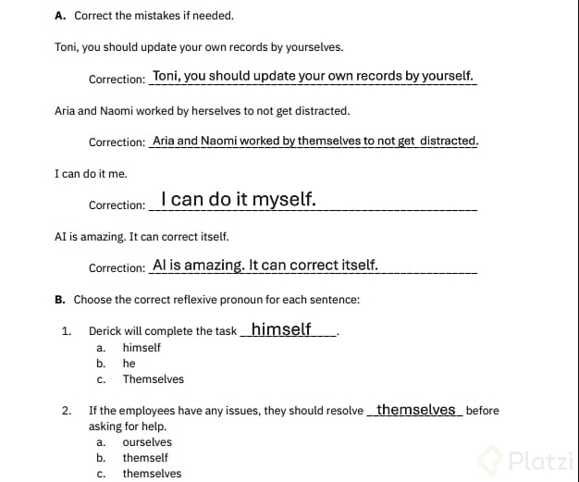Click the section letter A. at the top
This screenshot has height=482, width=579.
60,16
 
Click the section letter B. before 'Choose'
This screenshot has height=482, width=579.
60,300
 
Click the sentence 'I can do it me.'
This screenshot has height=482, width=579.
91,174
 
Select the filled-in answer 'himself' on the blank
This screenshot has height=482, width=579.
281,329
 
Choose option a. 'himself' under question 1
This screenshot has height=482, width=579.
142,348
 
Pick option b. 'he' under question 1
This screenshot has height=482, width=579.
129,364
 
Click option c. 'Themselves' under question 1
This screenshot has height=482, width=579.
153,379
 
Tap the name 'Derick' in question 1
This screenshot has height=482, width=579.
106,331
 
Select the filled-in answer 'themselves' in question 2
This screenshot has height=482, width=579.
416,410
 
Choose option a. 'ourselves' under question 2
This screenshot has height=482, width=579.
147,442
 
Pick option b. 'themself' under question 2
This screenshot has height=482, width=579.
145,458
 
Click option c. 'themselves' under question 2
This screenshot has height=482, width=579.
152,474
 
